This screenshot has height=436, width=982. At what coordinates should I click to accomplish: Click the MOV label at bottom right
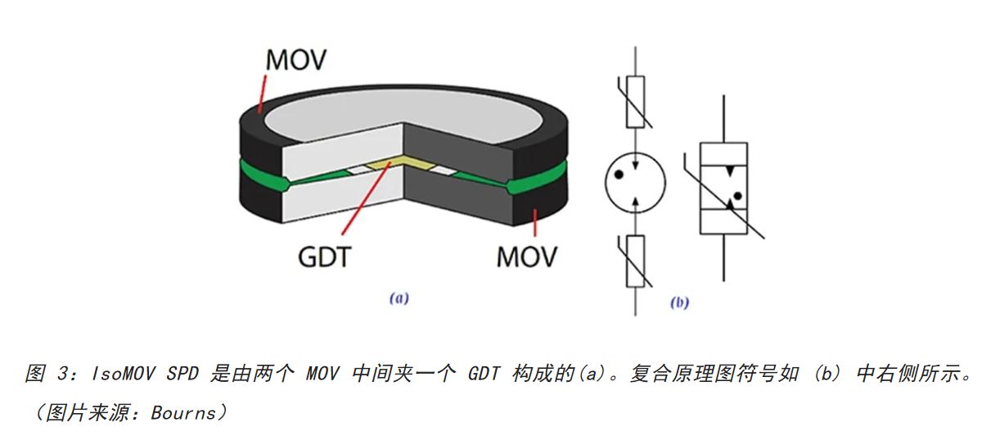click(526, 256)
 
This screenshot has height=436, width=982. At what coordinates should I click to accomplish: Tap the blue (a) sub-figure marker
click(398, 300)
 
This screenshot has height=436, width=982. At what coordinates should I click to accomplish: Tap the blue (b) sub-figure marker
click(679, 303)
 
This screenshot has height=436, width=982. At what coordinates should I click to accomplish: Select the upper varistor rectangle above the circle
click(635, 102)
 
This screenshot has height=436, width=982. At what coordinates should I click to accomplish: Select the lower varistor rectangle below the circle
click(635, 261)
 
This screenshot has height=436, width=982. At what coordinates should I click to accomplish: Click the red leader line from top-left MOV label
click(262, 91)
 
